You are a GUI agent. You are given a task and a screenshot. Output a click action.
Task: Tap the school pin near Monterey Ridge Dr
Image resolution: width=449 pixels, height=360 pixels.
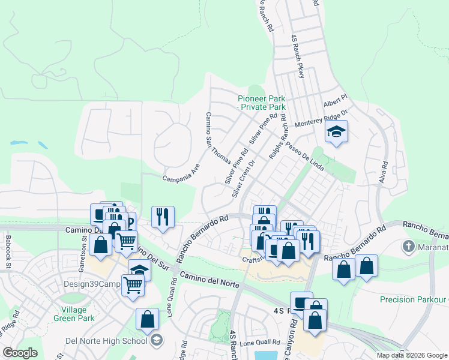point(337,133)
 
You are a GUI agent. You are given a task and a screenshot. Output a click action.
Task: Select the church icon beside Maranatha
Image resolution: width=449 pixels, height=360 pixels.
point(409,246)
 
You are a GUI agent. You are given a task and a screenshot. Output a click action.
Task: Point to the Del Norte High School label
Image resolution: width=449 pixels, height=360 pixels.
point(106,341)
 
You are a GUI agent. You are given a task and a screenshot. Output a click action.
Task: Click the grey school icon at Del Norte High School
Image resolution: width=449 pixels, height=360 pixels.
point(157,341)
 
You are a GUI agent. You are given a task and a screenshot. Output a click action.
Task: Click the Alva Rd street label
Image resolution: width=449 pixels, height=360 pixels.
point(384,172)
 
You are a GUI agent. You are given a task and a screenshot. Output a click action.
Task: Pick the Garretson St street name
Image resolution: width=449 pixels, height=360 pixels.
point(84,247)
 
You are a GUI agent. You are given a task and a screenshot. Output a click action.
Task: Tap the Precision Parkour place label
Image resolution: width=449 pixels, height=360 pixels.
point(414,299)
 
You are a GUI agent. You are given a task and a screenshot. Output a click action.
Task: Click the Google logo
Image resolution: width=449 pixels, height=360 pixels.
point(20,353)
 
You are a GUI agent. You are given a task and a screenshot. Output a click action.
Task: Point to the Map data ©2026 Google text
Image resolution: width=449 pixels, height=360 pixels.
point(411,355)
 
